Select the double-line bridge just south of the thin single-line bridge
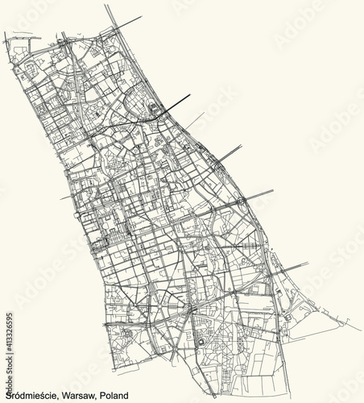pyautogui.click(x=230, y=152)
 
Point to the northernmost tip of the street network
pyautogui.click(x=106, y=6)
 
